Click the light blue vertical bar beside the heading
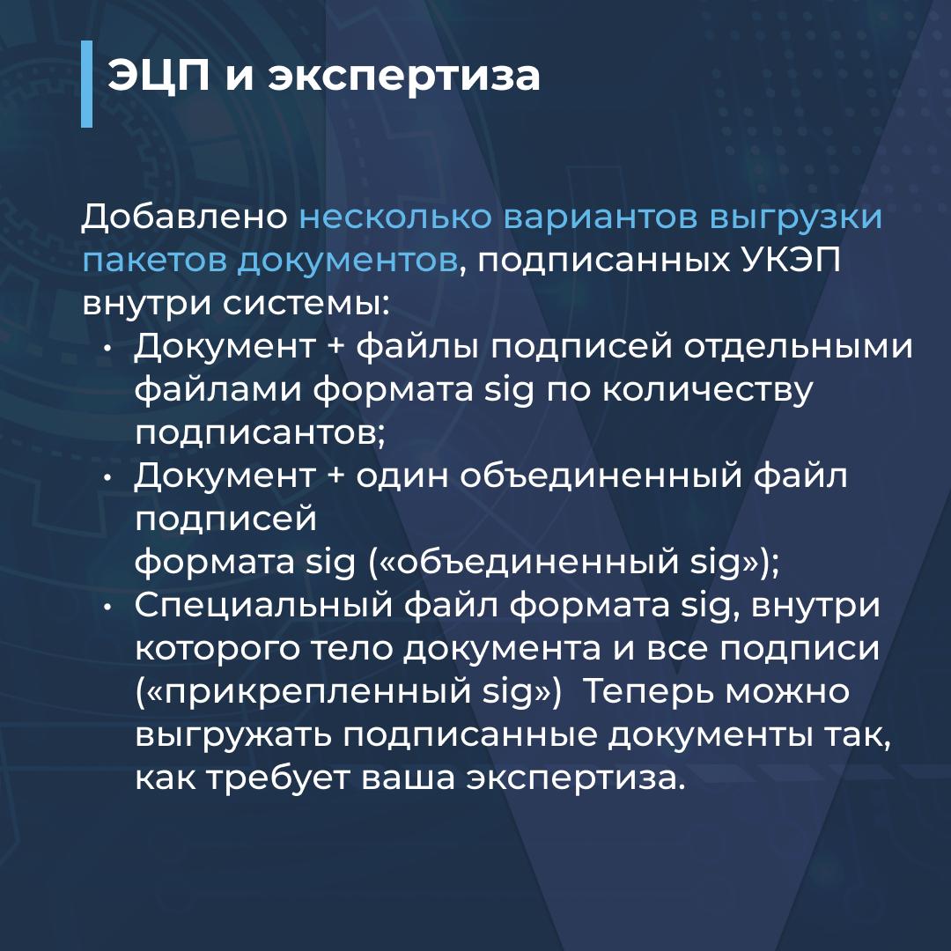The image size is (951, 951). click(x=86, y=84)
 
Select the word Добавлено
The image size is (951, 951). click(x=185, y=217)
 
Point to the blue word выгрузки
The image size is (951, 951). click(x=796, y=218)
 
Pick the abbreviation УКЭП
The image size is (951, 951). click(x=792, y=260)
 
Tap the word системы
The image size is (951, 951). click(x=305, y=304)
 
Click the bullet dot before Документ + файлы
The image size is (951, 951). click(x=107, y=349)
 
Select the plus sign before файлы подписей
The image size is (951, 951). click(x=335, y=347)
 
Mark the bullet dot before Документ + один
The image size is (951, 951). click(x=107, y=478)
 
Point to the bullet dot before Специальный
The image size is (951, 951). click(x=107, y=607)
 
